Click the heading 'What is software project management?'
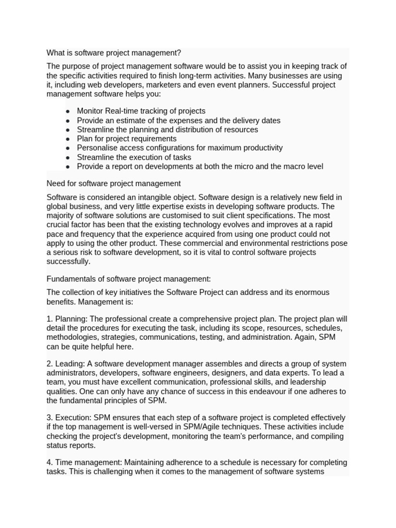[x=113, y=53]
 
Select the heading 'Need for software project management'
[x=113, y=184]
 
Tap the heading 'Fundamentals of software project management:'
[x=128, y=279]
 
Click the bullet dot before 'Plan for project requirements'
[x=68, y=139]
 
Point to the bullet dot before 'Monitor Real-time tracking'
[x=68, y=111]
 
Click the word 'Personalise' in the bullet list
[x=97, y=148]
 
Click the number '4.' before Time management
[x=49, y=463]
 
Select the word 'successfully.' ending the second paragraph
[x=68, y=261]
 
